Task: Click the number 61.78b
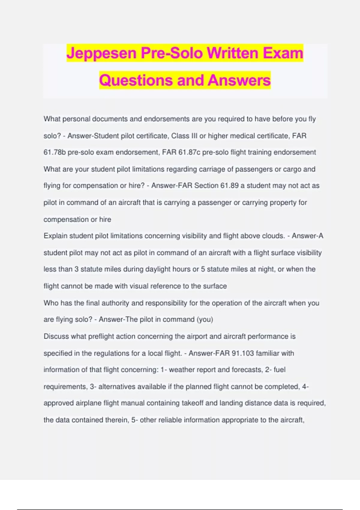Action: pos(54,152)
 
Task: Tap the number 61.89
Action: pos(229,186)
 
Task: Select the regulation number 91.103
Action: pos(243,353)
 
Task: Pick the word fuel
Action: pos(279,370)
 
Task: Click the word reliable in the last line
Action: pos(170,420)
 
